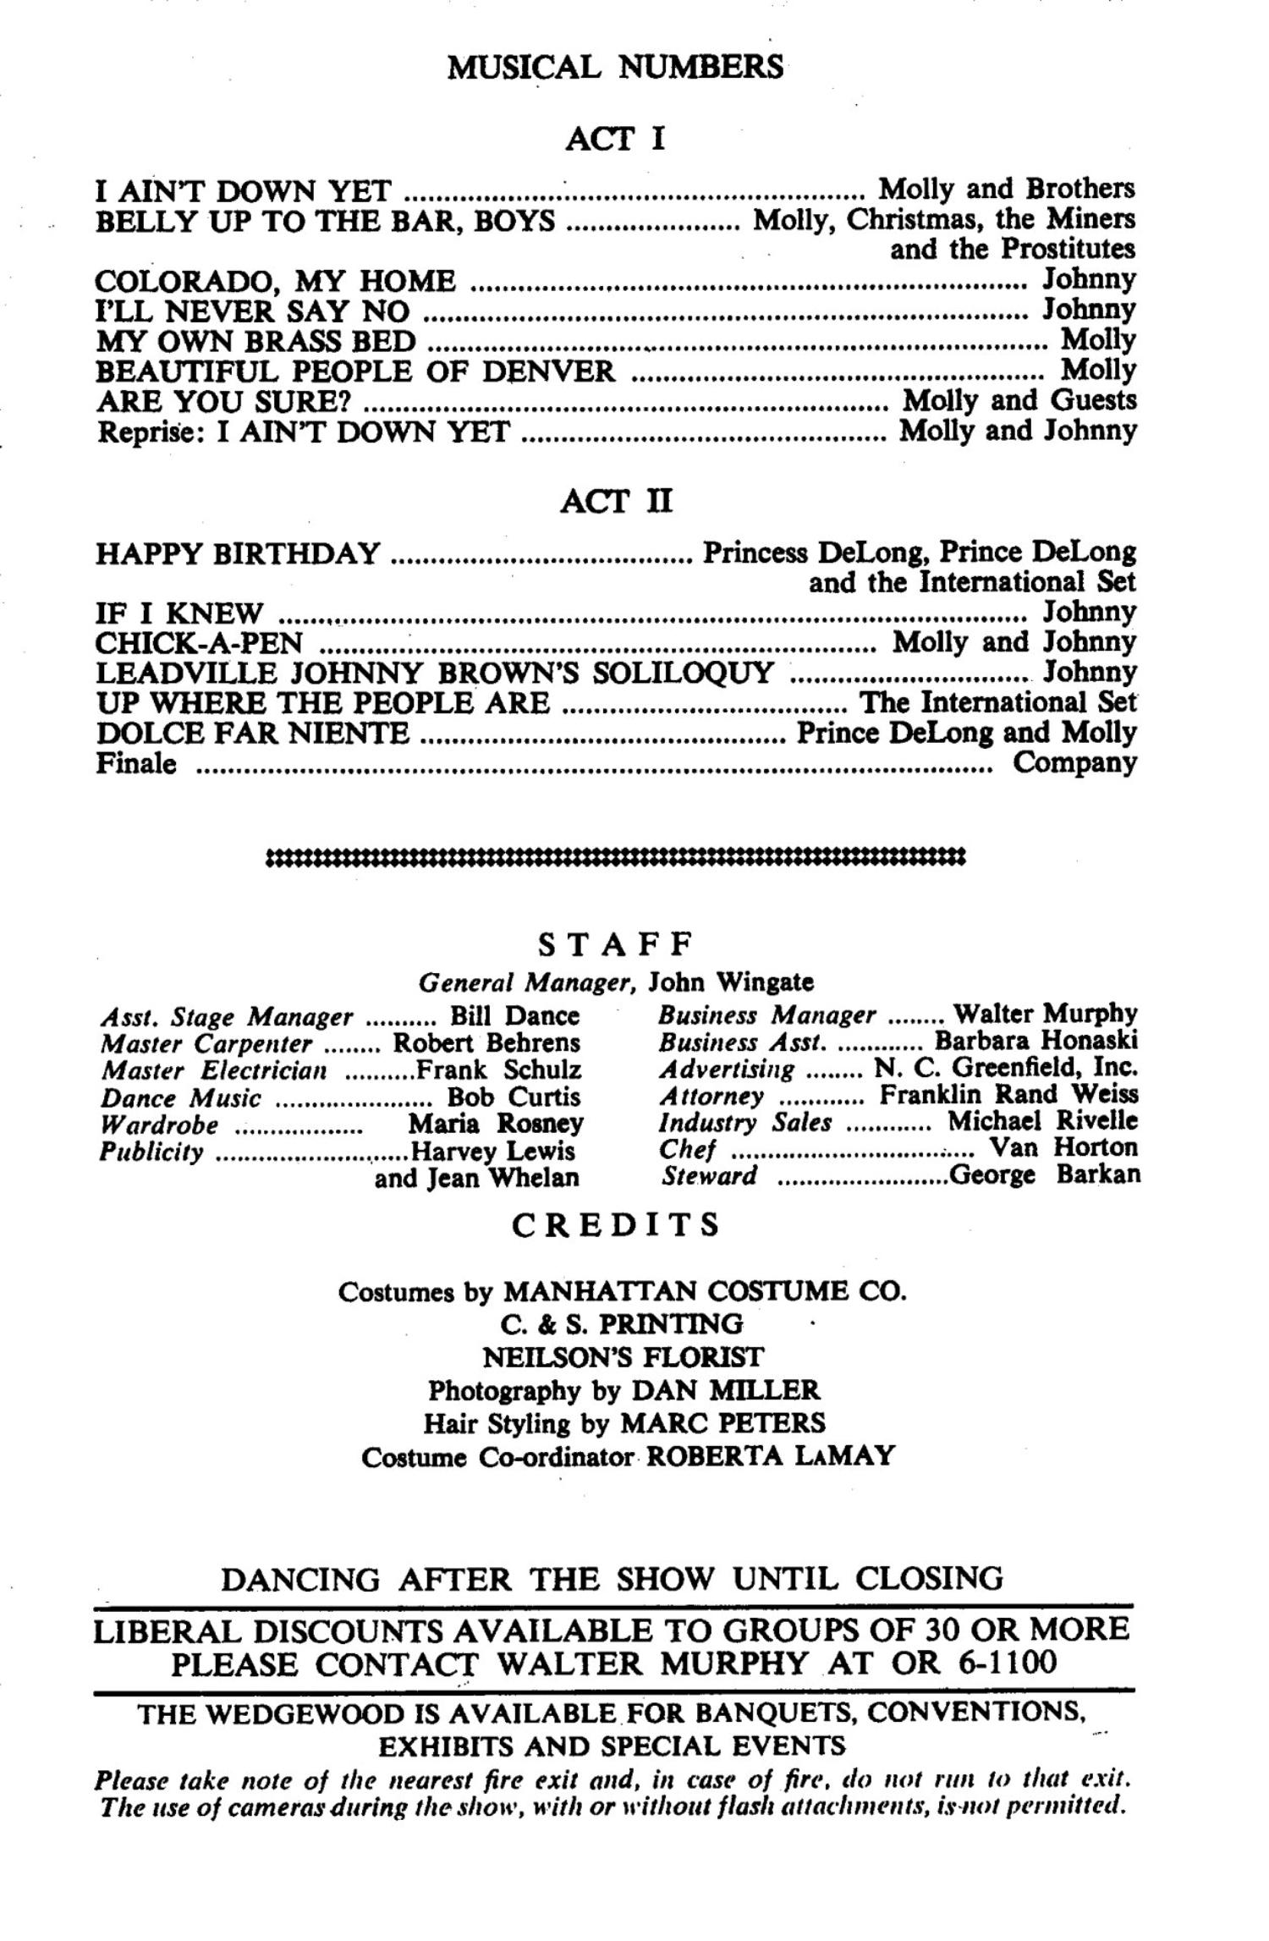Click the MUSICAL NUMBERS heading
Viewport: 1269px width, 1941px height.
[x=615, y=67]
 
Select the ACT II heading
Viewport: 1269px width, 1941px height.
[x=616, y=502]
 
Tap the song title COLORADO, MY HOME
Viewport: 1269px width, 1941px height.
[x=275, y=280]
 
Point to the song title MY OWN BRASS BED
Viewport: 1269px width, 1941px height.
[x=255, y=341]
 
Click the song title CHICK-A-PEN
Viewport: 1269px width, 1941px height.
[x=199, y=643]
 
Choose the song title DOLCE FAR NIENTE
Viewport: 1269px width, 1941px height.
[x=252, y=733]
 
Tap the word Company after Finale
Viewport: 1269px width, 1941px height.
[x=1074, y=763]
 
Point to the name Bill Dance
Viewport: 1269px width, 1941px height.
[x=514, y=1015]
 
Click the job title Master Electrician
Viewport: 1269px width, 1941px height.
[x=213, y=1070]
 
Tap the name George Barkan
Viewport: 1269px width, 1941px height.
[x=1045, y=1175]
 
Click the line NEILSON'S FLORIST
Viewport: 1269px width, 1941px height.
[x=622, y=1358]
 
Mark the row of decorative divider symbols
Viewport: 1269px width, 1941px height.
[x=615, y=858]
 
